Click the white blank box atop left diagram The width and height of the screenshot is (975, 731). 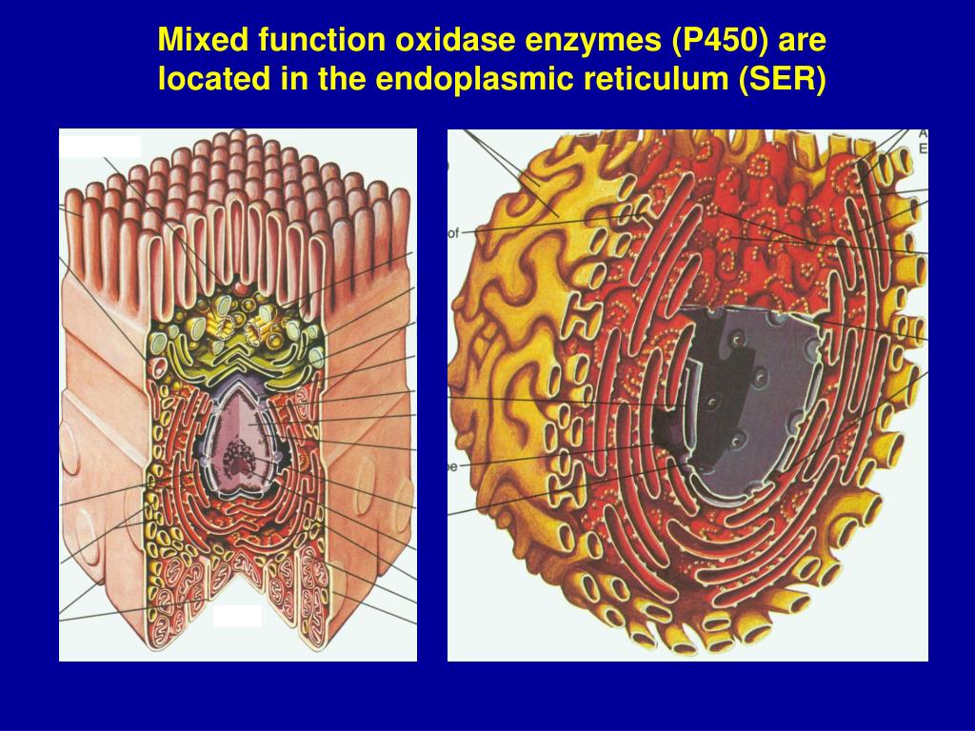tap(101, 146)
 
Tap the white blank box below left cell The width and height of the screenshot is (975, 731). tap(237, 616)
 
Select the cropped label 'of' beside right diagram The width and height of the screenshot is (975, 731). tap(454, 232)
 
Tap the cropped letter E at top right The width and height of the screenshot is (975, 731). tap(923, 148)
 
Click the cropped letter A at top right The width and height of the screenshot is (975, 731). tap(923, 134)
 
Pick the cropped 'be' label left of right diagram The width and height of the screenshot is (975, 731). tap(453, 467)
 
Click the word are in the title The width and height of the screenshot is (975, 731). tap(804, 40)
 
